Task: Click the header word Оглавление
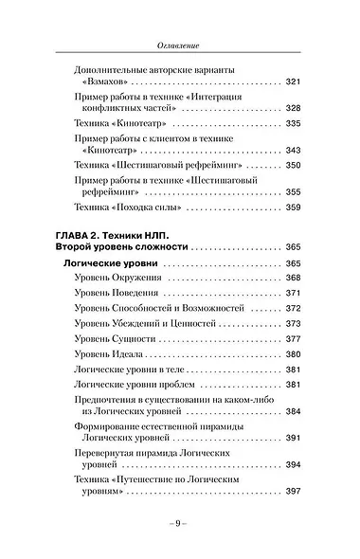pos(180,45)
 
